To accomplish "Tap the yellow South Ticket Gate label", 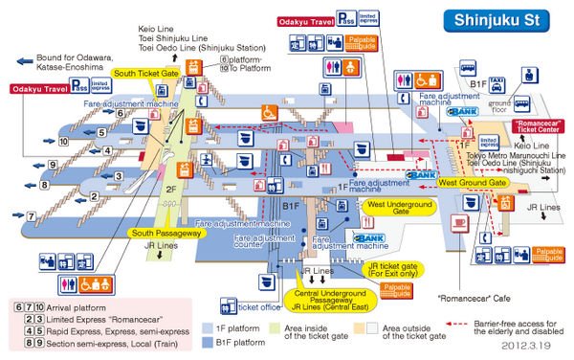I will pyautogui.click(x=145, y=72).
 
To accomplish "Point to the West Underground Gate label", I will pyautogui.click(x=387, y=208).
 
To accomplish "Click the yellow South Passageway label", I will pyautogui.click(x=159, y=233).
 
